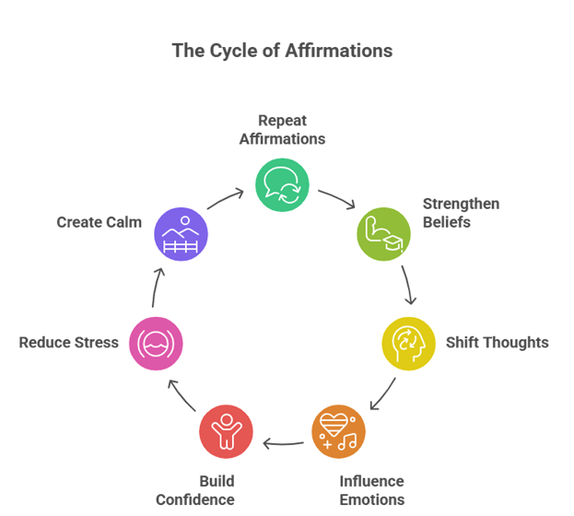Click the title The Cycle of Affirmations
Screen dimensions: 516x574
(282, 51)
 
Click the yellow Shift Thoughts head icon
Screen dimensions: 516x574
(408, 343)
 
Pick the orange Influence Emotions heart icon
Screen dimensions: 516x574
(337, 431)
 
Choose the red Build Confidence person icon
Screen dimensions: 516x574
(226, 431)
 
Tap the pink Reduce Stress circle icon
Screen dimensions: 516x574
(156, 343)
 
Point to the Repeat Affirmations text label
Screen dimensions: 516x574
(282, 130)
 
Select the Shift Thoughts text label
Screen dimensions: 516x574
(497, 343)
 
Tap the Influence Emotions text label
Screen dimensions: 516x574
(371, 490)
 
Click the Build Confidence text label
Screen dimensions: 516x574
(195, 490)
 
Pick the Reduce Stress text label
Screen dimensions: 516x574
(69, 343)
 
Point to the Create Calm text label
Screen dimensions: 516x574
(100, 222)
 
